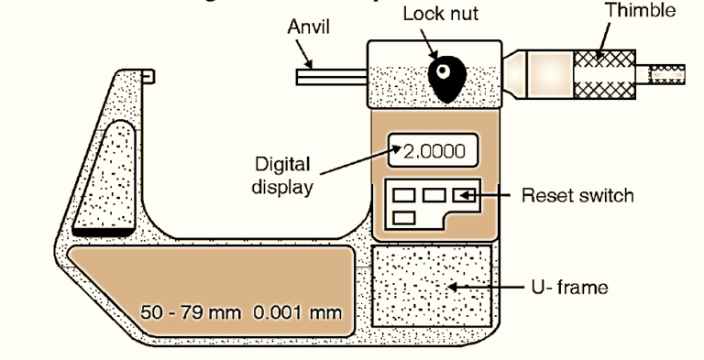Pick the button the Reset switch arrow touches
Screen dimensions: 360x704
pyautogui.click(x=464, y=195)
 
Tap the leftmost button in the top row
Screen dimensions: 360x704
pyautogui.click(x=405, y=195)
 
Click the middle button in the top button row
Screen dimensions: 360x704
pyautogui.click(x=434, y=195)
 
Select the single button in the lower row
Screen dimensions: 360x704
pyautogui.click(x=404, y=217)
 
